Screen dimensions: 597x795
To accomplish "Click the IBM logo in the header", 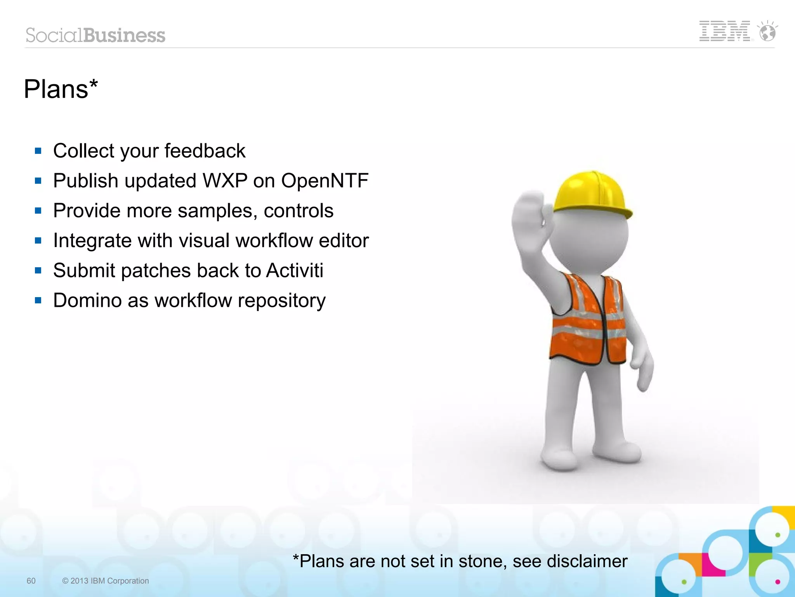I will point(724,31).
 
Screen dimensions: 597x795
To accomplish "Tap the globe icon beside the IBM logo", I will point(767,31).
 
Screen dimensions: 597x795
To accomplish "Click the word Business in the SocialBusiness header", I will point(124,35).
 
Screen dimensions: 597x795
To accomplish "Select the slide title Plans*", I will point(61,89).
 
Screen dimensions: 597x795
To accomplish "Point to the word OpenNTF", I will point(325,181).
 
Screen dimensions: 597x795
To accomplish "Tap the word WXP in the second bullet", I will point(225,181).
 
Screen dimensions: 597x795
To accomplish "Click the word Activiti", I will point(294,270).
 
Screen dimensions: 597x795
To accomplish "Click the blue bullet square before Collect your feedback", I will point(38,151).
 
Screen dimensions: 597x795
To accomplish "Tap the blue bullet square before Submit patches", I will point(38,270).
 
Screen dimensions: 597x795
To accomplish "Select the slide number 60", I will point(31,581).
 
